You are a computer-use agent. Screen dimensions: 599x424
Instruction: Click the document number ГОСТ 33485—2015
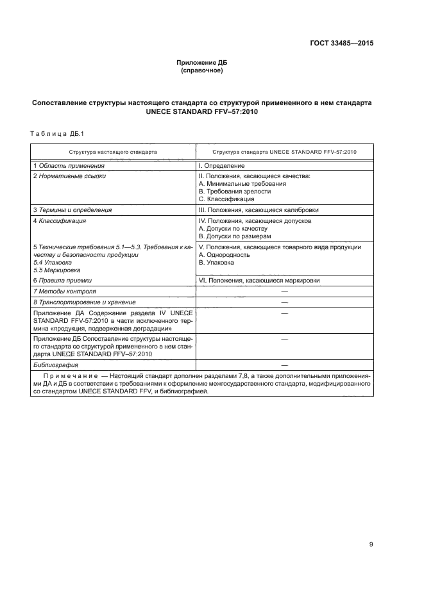pos(342,44)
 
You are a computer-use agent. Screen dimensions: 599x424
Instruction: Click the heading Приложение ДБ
pos(202,63)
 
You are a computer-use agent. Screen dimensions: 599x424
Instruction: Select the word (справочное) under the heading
pos(202,70)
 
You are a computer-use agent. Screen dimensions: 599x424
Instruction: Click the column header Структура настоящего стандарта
pos(113,152)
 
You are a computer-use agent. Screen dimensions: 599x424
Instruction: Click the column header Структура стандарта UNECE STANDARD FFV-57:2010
pos(284,152)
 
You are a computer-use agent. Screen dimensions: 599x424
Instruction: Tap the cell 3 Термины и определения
pos(72,209)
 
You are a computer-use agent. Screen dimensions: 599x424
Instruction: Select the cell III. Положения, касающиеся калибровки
pos(259,209)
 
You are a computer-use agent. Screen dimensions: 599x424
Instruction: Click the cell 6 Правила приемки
pos(62,280)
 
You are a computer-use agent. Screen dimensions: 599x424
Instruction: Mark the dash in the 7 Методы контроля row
pos(284,291)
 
